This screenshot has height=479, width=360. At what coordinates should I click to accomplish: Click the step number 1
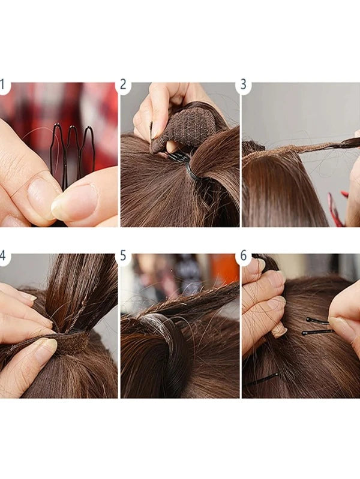point(2,85)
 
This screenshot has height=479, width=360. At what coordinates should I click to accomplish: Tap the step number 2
point(123,85)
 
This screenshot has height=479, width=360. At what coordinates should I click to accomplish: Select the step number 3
point(244,85)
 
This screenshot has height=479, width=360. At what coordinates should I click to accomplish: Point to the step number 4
point(2,255)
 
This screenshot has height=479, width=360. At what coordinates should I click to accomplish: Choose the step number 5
point(123,255)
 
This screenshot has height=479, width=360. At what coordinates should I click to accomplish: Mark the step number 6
point(244,255)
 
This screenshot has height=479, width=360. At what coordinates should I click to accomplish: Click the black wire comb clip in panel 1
point(72,153)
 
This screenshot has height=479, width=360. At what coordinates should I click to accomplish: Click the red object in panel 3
point(337,209)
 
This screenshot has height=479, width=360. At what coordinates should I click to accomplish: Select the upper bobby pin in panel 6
point(317,321)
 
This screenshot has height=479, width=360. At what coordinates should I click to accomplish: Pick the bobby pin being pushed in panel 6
point(318,332)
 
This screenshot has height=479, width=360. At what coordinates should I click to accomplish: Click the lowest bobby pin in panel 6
point(263,379)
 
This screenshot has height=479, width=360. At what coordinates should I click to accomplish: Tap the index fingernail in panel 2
point(155,130)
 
